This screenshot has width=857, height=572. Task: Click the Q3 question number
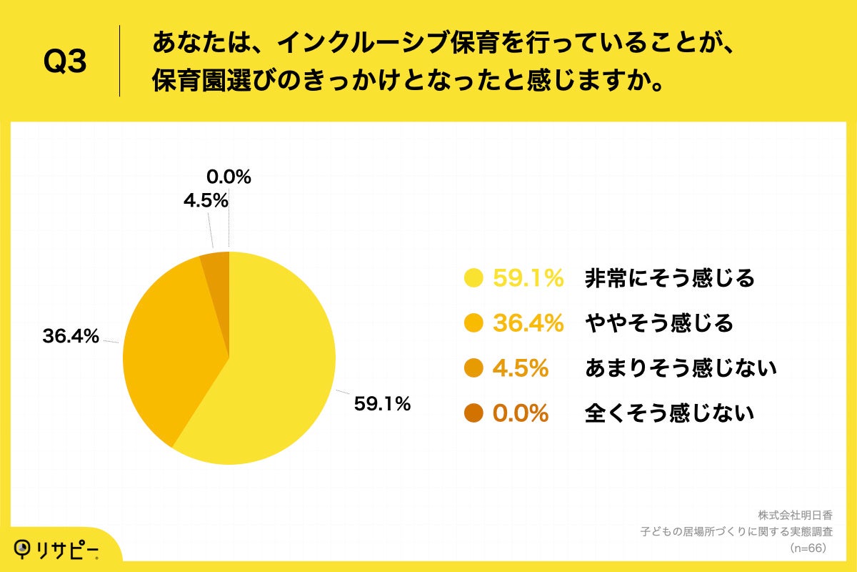pyautogui.click(x=65, y=62)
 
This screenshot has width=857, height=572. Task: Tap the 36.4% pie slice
pyautogui.click(x=171, y=350)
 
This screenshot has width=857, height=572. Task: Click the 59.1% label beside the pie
pyautogui.click(x=382, y=404)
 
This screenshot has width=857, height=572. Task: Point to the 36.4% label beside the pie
pyautogui.click(x=70, y=336)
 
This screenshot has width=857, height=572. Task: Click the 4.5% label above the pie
pyautogui.click(x=205, y=201)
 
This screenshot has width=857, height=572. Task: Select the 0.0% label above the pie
pyautogui.click(x=229, y=177)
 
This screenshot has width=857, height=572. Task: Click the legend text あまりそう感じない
pyautogui.click(x=680, y=369)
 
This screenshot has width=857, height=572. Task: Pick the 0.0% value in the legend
pyautogui.click(x=521, y=413)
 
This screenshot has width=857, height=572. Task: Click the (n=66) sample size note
pyautogui.click(x=807, y=548)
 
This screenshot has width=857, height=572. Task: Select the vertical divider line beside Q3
pyautogui.click(x=119, y=61)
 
